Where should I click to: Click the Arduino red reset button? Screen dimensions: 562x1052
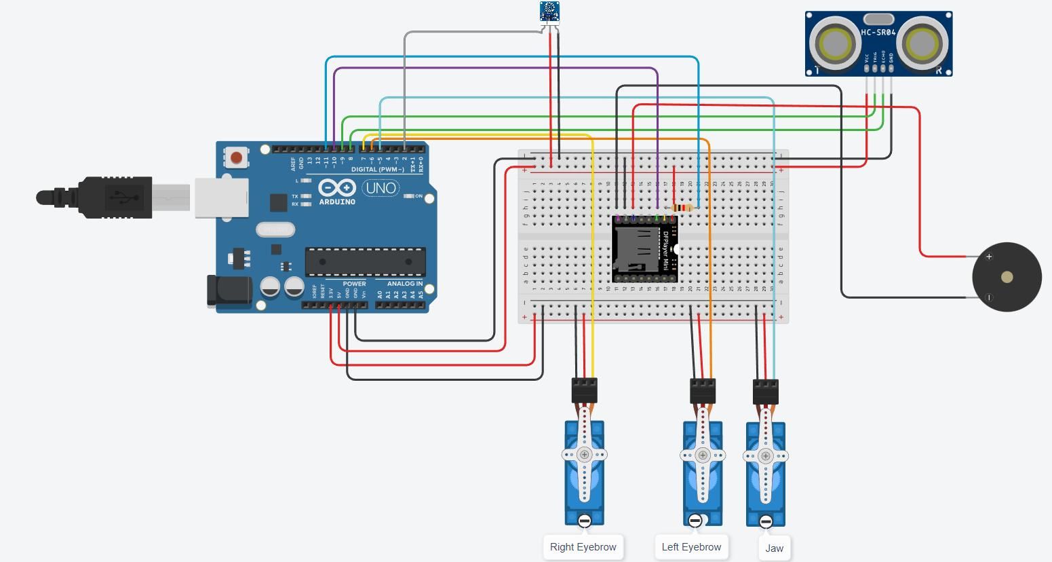[236, 158]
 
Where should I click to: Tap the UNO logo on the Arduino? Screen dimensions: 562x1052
[381, 187]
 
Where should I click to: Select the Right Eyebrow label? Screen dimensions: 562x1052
[583, 547]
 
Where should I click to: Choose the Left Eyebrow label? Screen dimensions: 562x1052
[691, 547]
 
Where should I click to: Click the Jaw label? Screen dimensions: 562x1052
[774, 548]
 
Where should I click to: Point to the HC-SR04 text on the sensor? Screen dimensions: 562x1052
[878, 32]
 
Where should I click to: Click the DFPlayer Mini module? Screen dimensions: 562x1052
[644, 249]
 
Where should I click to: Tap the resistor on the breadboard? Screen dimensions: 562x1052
[681, 208]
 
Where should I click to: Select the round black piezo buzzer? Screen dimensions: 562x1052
[1007, 277]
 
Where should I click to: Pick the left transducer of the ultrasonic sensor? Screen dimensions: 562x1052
[835, 44]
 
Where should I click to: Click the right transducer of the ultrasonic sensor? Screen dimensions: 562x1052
[921, 44]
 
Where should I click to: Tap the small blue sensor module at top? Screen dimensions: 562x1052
[549, 11]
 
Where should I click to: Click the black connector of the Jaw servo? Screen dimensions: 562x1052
[766, 392]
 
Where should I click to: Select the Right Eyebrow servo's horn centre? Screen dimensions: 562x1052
[584, 455]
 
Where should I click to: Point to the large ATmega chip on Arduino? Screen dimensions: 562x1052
[365, 261]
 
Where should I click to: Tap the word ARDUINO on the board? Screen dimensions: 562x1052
[337, 202]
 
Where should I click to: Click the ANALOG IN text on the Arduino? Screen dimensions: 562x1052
[405, 284]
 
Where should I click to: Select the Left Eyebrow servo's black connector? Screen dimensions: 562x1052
[703, 391]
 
